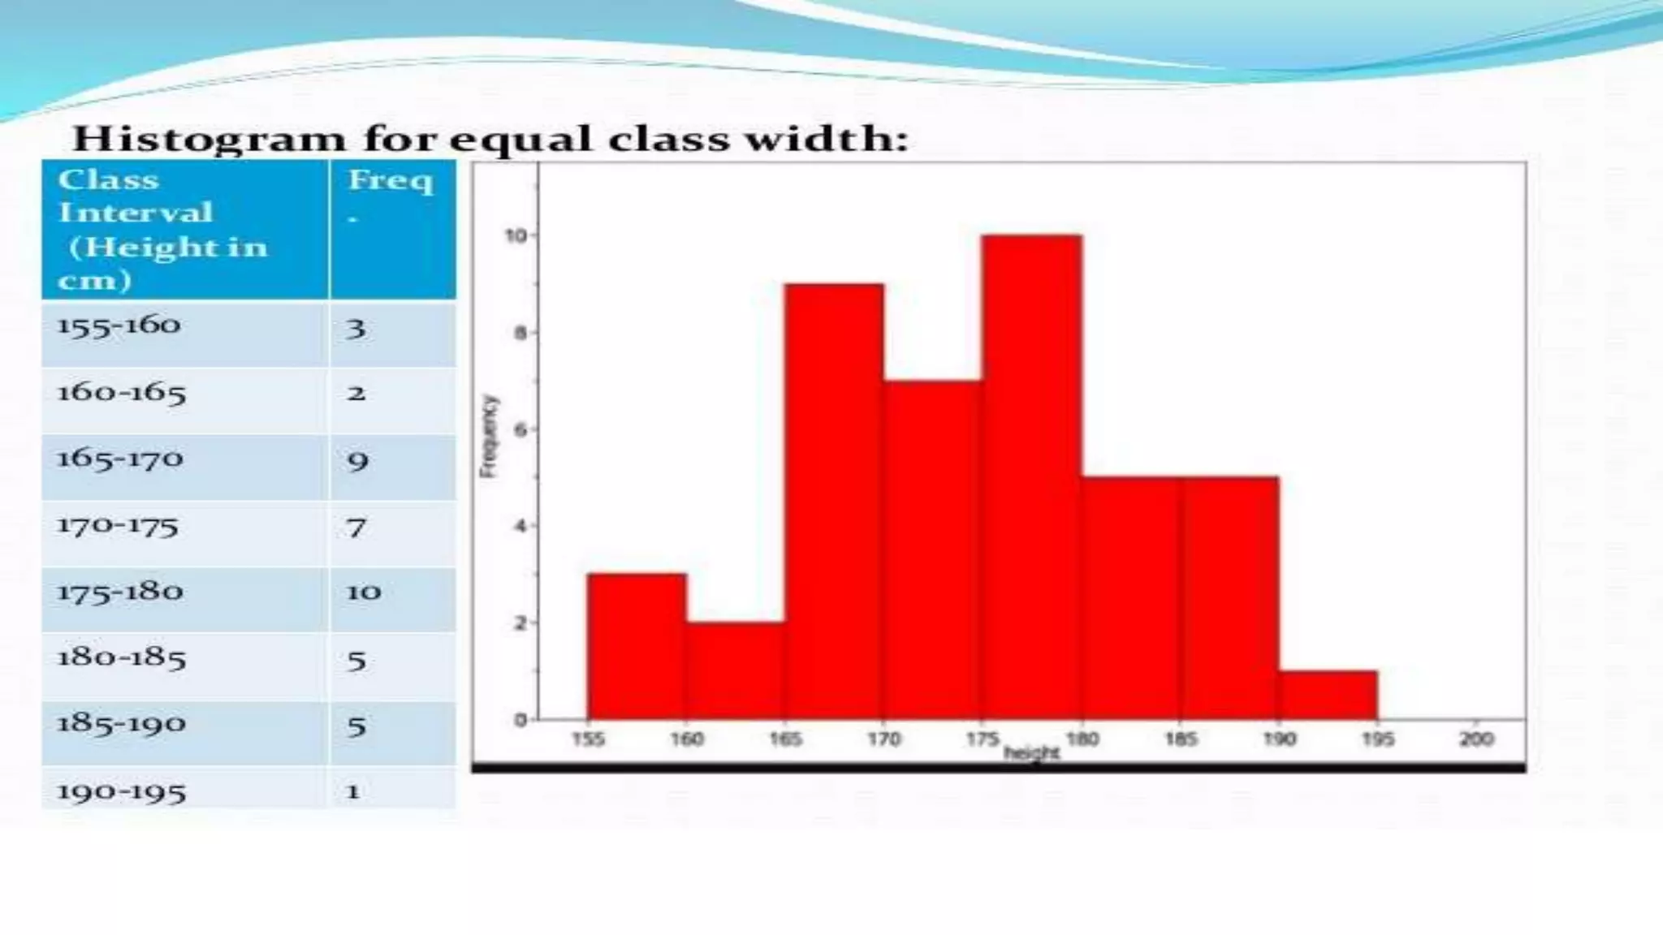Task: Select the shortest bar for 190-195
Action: coord(1328,696)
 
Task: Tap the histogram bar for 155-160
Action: coord(637,647)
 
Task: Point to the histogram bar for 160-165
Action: coord(735,671)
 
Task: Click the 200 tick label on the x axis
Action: coord(1476,739)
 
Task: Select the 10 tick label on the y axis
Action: coord(516,235)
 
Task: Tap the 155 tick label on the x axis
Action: coord(588,739)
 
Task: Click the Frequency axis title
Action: coord(488,436)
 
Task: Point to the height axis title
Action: coord(1031,753)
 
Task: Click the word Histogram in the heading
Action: coord(209,139)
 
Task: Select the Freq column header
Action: coord(391,180)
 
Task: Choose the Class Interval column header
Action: coord(162,229)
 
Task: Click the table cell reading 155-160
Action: coord(119,325)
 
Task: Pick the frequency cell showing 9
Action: coord(357,461)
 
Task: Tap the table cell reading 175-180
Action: coord(120,592)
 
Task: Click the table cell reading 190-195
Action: coord(121,791)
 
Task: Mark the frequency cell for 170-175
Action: coord(356,528)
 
